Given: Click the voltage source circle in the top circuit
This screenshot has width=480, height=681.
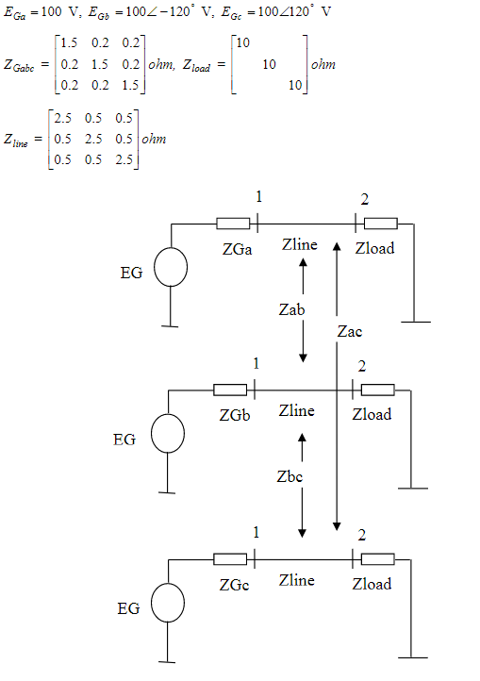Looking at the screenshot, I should click(x=171, y=268).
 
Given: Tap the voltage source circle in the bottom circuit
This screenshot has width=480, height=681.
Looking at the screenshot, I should click(x=170, y=604).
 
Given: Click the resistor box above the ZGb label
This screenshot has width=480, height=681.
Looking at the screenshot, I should click(x=230, y=389).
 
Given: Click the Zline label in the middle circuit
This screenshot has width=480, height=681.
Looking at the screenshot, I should click(x=297, y=410).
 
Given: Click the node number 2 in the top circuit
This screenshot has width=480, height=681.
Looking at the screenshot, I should click(x=361, y=200).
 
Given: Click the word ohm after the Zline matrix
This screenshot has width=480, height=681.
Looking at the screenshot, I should click(x=155, y=140).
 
